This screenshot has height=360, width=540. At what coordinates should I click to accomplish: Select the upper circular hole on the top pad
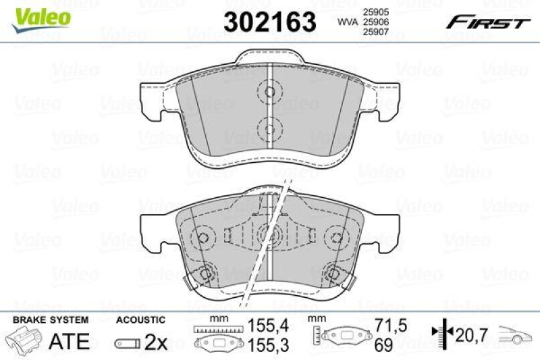click(x=270, y=93)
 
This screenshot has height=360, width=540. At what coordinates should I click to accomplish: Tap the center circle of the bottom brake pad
click(x=265, y=234)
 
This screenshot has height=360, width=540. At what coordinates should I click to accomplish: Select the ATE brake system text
click(x=70, y=341)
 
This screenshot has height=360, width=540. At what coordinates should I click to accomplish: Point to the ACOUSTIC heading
click(x=140, y=319)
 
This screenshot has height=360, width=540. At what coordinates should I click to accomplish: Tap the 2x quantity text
click(x=155, y=342)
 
